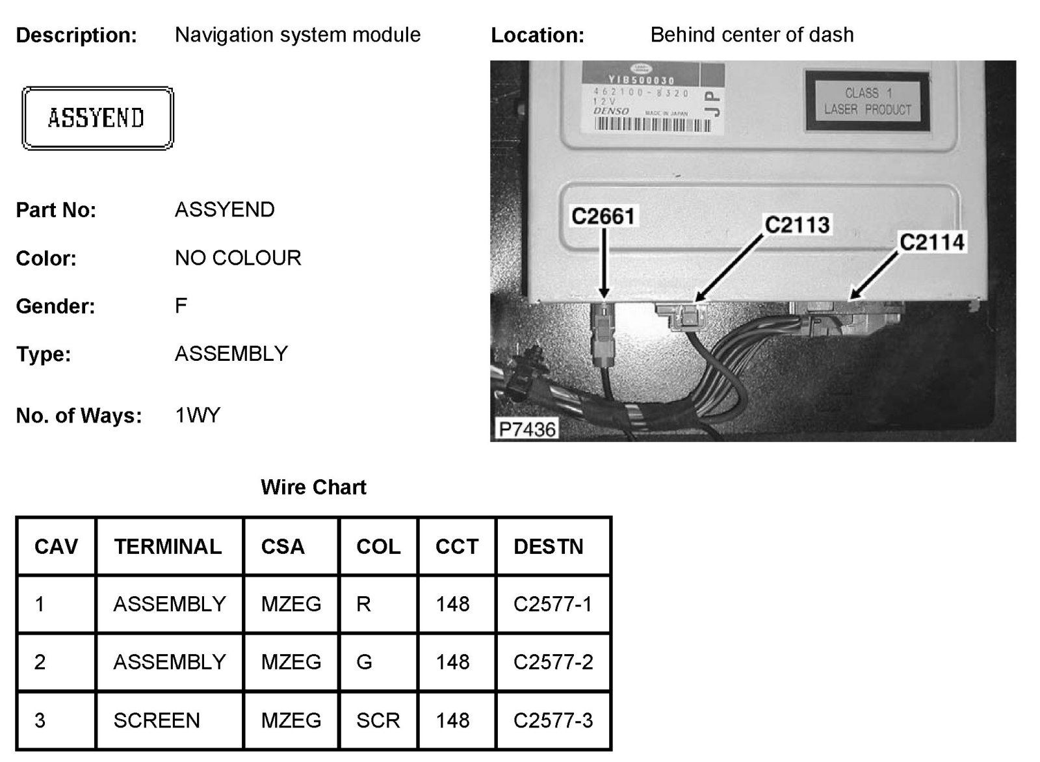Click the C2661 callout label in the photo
pos(603,216)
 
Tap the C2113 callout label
pos(797,225)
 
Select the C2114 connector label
pos(931,243)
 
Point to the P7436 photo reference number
pos(527,429)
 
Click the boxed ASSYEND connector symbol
pos(97,118)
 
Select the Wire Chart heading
pos(313,487)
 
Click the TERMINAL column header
pos(168,546)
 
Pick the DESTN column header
pos(548,546)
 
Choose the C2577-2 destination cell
pos(553,662)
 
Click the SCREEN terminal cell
pos(157,720)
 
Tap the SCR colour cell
pos(378,720)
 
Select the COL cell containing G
pos(364,662)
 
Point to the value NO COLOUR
pos(238,258)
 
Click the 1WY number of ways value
pos(198,415)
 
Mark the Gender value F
pos(181,306)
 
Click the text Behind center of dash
pos(751,35)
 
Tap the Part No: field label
pos(56,210)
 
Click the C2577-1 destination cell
pos(553,604)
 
